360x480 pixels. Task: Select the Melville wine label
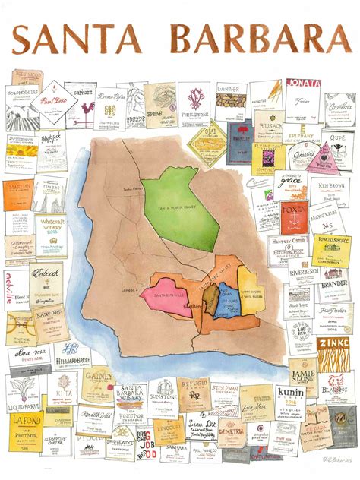(x=15, y=279)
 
